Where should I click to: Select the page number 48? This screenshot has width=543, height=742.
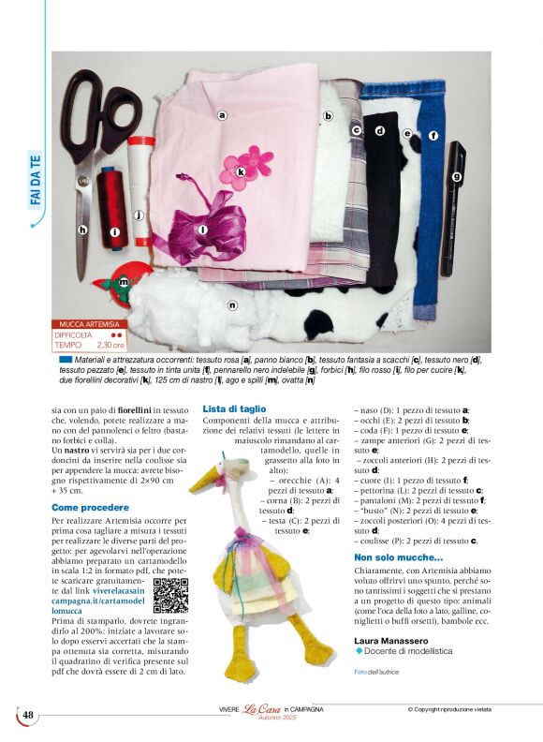coord(28,715)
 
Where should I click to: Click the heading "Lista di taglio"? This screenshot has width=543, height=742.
coord(234,409)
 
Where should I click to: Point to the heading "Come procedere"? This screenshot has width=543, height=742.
coord(90,507)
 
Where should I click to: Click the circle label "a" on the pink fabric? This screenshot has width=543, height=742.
coord(223,116)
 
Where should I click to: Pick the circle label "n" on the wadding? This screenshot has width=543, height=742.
coord(232,304)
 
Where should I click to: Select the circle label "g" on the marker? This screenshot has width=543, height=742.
coord(458,175)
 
